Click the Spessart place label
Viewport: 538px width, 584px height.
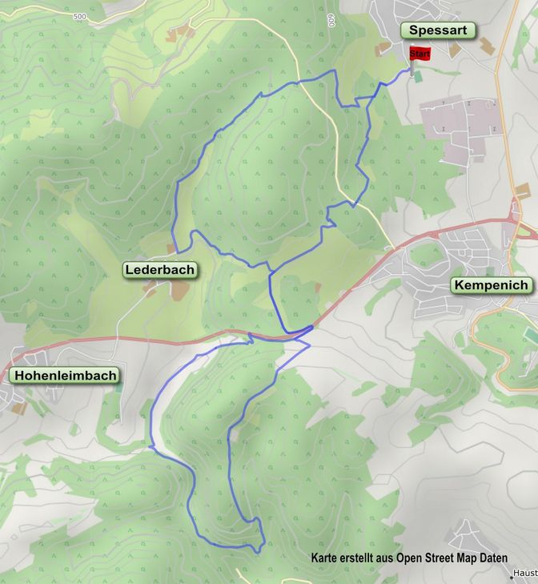(x=438, y=30)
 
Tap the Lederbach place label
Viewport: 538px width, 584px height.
(x=159, y=270)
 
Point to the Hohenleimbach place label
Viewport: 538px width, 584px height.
(x=64, y=375)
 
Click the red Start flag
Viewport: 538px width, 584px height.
(x=420, y=54)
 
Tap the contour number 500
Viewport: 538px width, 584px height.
(x=78, y=17)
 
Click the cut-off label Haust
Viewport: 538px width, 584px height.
(x=525, y=574)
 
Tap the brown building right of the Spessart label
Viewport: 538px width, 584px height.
(x=455, y=50)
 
